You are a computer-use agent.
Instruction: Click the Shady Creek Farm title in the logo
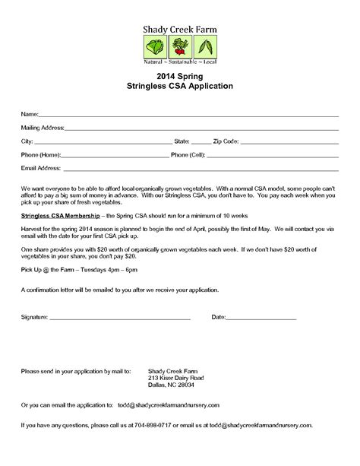pyautogui.click(x=180, y=30)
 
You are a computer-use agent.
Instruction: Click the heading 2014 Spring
pyautogui.click(x=179, y=77)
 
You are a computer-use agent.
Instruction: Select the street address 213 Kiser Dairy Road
pyautogui.click(x=176, y=378)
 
